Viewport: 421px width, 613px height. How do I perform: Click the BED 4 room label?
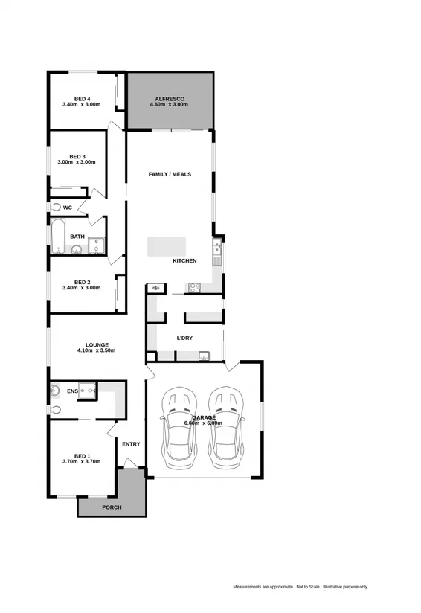tap(82, 98)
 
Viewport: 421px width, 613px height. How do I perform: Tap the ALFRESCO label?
tap(170, 98)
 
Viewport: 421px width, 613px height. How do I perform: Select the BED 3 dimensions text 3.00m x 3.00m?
tap(77, 163)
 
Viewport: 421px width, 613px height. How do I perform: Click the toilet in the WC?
tap(55, 208)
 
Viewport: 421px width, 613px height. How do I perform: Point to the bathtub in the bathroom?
tap(58, 237)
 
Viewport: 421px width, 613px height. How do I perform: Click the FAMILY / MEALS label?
tap(170, 174)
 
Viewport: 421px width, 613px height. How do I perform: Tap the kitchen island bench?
tap(166, 246)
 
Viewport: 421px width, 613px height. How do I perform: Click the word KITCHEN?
tap(184, 261)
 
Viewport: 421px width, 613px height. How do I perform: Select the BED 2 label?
tap(82, 282)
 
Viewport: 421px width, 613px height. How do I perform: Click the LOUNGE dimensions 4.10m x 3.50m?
tap(97, 350)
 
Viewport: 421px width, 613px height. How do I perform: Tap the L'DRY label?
tap(184, 338)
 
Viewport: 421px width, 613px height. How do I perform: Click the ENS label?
tap(72, 391)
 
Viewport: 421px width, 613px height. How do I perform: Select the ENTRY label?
tap(131, 444)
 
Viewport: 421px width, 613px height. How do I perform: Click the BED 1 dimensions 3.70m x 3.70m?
tap(82, 462)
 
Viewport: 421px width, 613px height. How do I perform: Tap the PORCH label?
tap(112, 507)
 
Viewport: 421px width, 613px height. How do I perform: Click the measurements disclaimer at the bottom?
tap(301, 587)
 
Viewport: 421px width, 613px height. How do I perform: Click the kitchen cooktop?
tap(195, 288)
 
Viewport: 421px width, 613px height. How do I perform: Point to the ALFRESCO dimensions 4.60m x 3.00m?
tap(170, 105)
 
